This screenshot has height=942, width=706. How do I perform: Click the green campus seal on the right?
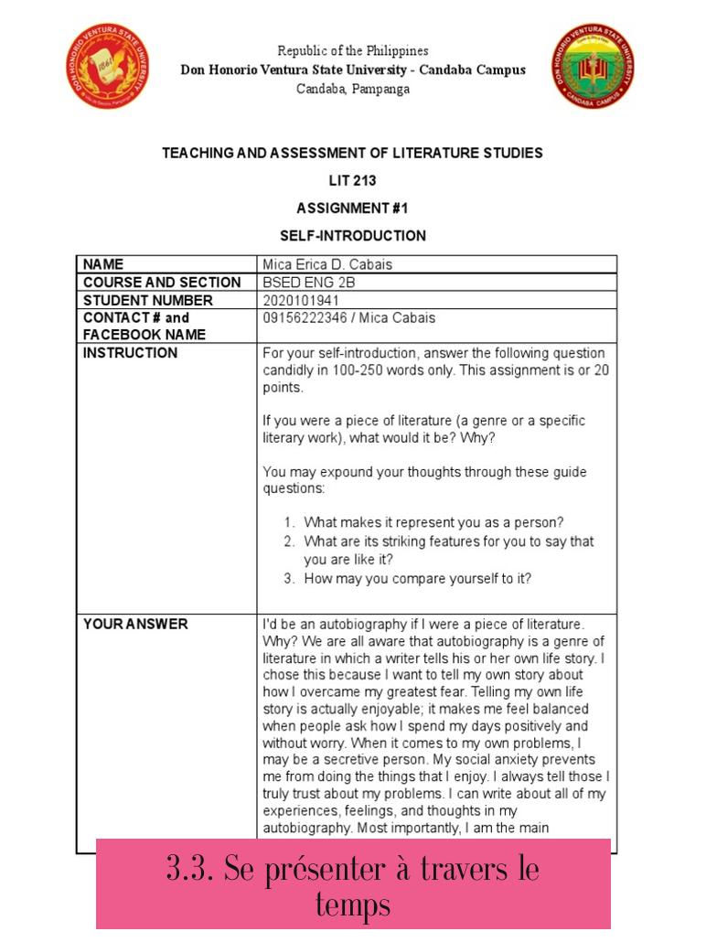click(594, 67)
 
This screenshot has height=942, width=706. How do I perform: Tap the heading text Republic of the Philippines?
click(353, 50)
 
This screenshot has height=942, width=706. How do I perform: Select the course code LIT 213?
click(352, 180)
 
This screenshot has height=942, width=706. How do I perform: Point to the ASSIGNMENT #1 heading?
click(352, 208)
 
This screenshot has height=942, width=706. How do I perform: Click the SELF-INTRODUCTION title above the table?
click(352, 235)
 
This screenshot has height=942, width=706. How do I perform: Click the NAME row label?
click(103, 264)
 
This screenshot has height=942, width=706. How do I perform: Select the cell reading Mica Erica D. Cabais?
click(327, 264)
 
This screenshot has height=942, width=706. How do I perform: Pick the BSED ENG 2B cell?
click(308, 283)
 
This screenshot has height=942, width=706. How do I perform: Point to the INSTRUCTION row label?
click(130, 353)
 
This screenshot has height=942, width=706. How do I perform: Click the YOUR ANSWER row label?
click(135, 624)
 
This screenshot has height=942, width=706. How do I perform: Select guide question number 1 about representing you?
click(433, 522)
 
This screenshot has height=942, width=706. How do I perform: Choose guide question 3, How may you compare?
click(417, 578)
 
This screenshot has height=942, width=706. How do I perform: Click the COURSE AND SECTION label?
click(162, 283)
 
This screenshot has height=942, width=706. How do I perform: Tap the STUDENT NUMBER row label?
click(147, 300)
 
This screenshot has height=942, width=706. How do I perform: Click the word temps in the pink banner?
click(353, 905)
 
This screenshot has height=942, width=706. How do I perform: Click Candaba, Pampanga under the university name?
click(353, 89)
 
